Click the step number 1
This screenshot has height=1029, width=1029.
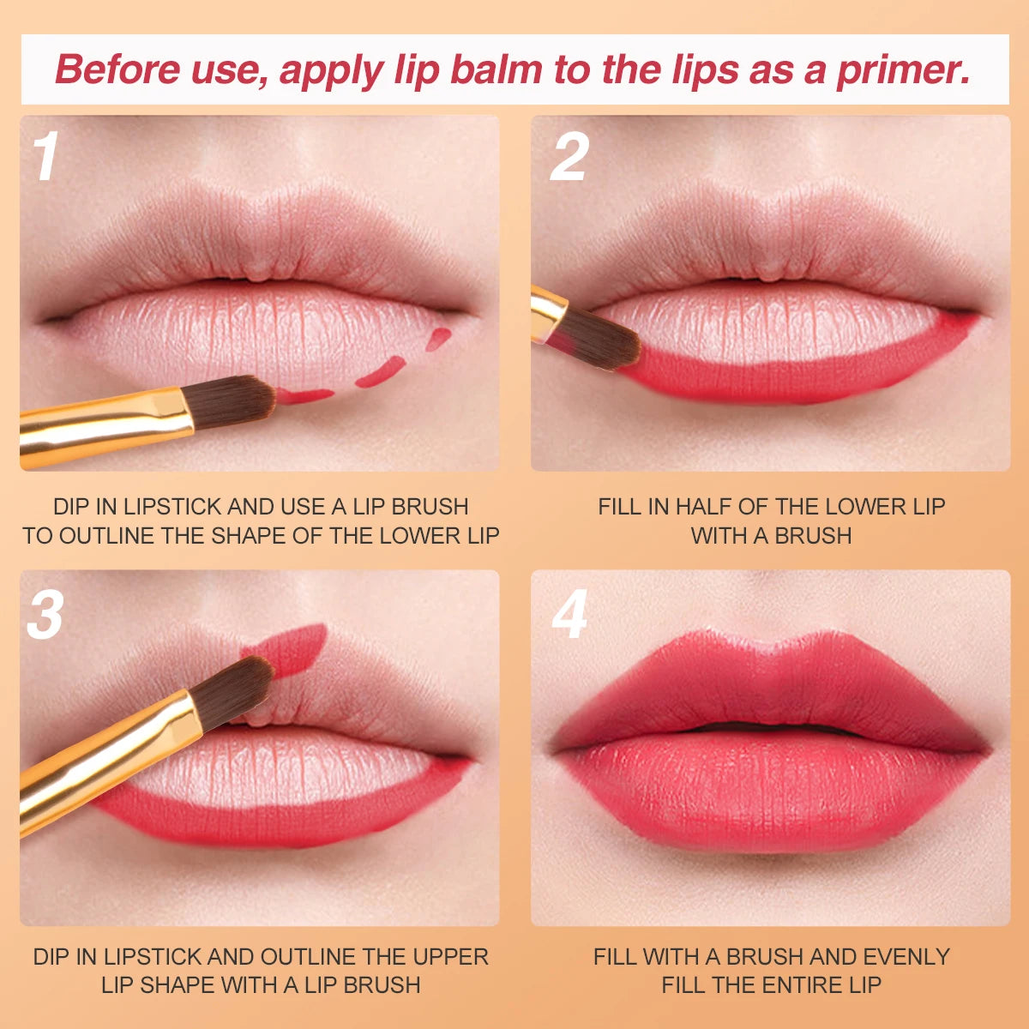pos(46,156)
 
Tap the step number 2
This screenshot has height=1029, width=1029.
pos(569,156)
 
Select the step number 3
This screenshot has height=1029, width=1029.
pos(45,615)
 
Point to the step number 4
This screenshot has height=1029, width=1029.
pos(569,615)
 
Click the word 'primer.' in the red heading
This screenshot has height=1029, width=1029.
pos(903,70)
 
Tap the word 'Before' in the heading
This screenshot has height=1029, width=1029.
pos(118,69)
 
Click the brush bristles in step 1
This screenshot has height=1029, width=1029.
pos(230,401)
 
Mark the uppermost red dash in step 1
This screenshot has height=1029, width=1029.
pos(438,339)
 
